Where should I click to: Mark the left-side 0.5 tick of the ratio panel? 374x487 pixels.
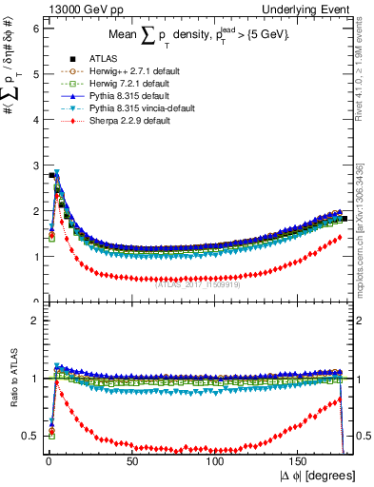tap(31, 435)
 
